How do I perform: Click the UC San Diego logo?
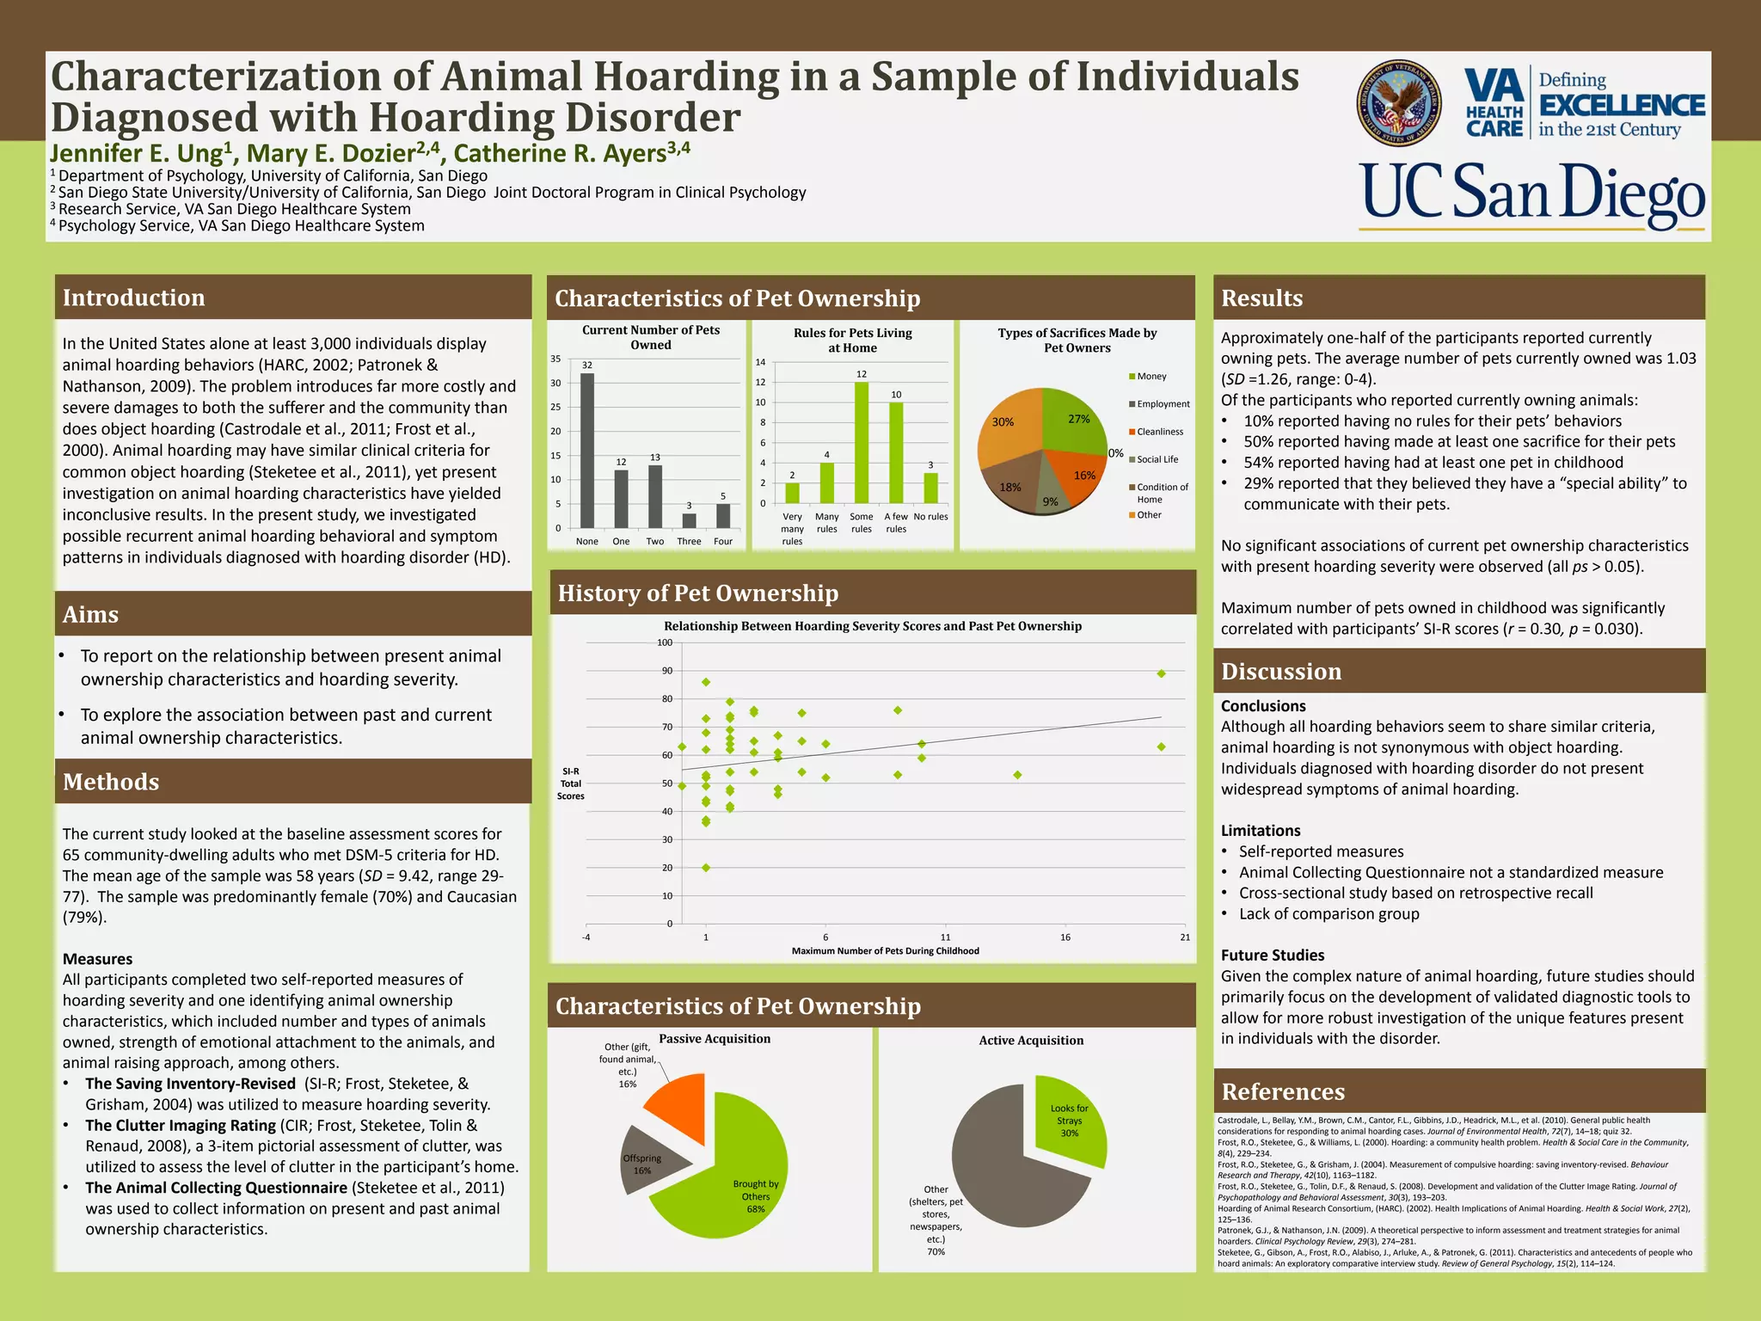(1531, 197)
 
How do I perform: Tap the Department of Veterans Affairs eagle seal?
(1404, 103)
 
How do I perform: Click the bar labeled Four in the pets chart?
(723, 515)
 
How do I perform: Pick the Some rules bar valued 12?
(861, 442)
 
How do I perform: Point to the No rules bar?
(930, 488)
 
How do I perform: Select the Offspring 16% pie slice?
(650, 1161)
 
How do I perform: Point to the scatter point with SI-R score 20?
(706, 867)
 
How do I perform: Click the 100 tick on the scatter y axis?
(665, 642)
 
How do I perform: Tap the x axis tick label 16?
(1065, 937)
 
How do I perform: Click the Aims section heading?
(90, 615)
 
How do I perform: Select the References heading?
(1283, 1092)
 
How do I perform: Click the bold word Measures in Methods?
(97, 959)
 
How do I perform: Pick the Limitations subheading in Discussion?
(1261, 831)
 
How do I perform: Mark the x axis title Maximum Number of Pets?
(885, 951)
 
